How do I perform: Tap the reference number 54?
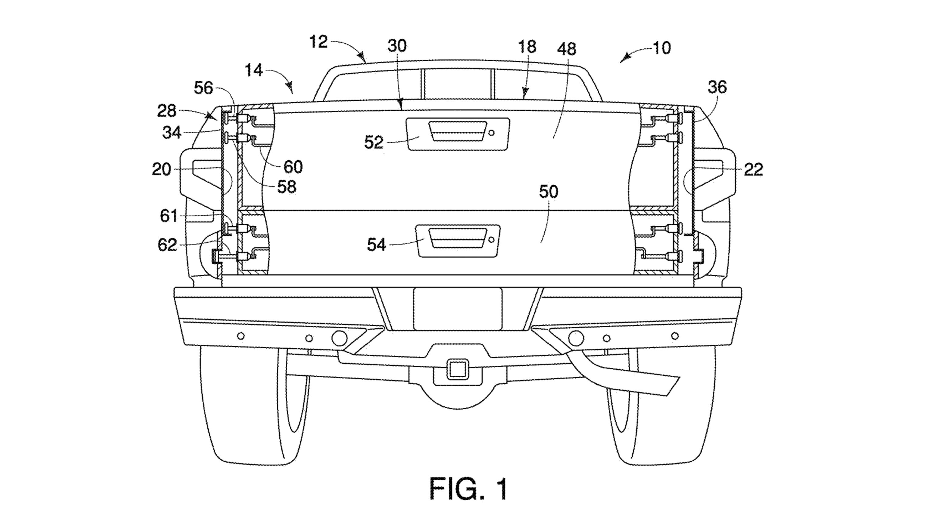pyautogui.click(x=376, y=244)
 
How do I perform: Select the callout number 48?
pyautogui.click(x=567, y=49)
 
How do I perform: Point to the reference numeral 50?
pyautogui.click(x=549, y=192)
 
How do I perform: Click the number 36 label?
pyautogui.click(x=717, y=87)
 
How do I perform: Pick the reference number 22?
pyautogui.click(x=753, y=170)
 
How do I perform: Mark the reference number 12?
pyautogui.click(x=318, y=42)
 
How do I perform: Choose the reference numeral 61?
pyautogui.click(x=169, y=216)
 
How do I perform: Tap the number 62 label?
pyautogui.click(x=167, y=245)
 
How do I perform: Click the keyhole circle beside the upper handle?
pyautogui.click(x=491, y=133)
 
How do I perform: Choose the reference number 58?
pyautogui.click(x=286, y=187)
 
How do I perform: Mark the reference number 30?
pyautogui.click(x=397, y=46)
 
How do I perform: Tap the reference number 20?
pyautogui.click(x=161, y=169)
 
